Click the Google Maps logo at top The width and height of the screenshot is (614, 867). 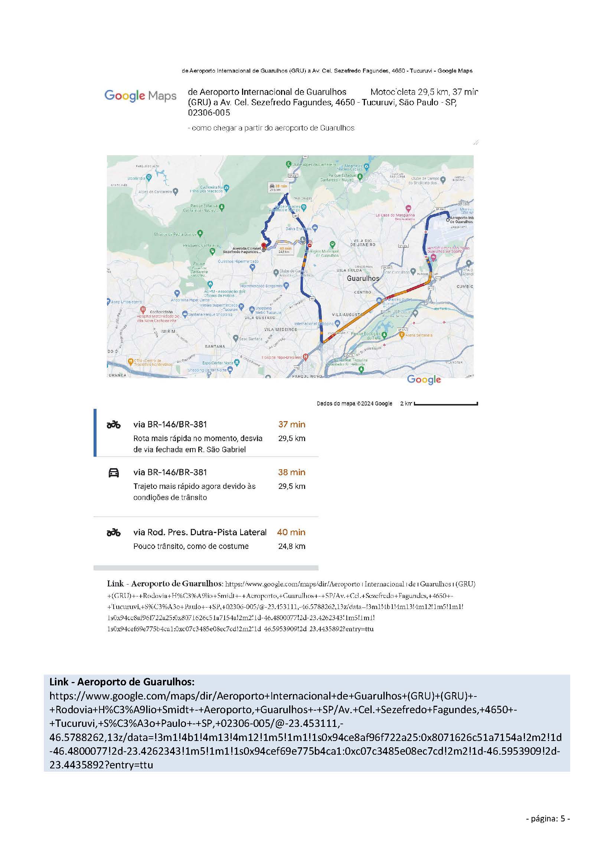pyautogui.click(x=140, y=96)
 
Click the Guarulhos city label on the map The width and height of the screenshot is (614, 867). pyautogui.click(x=363, y=278)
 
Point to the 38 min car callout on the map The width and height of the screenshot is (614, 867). pyautogui.click(x=278, y=187)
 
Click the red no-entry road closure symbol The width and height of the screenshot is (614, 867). pyautogui.click(x=310, y=245)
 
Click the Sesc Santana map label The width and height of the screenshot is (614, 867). pyautogui.click(x=250, y=339)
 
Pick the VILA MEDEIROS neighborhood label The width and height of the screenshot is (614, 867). pyautogui.click(x=281, y=329)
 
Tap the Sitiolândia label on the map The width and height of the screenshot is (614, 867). pyautogui.click(x=137, y=178)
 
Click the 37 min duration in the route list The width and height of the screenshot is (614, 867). pyautogui.click(x=291, y=424)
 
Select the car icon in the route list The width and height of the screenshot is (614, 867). pyautogui.click(x=114, y=473)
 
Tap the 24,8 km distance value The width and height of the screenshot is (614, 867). pyautogui.click(x=291, y=546)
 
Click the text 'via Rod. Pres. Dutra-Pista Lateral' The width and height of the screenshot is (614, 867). pyautogui.click(x=200, y=532)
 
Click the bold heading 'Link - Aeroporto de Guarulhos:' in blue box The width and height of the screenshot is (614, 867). pyautogui.click(x=122, y=682)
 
